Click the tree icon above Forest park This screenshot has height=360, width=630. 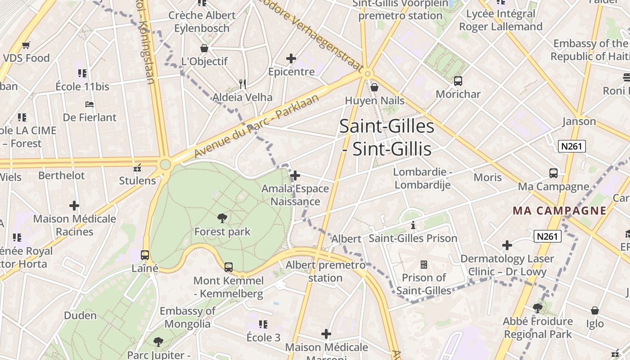tap(222, 218)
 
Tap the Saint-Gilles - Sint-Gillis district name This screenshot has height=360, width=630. tap(387, 137)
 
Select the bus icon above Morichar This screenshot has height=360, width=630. tap(458, 81)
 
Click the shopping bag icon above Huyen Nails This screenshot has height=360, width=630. tap(374, 87)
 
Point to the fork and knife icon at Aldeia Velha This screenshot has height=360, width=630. tap(243, 84)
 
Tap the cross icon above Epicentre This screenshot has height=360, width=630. tap(291, 58)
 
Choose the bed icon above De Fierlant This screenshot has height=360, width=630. tap(90, 104)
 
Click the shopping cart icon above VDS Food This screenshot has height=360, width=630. tap(26, 45)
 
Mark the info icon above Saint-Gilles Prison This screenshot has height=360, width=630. tap(413, 225)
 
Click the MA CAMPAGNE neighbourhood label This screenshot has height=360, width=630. tap(560, 211)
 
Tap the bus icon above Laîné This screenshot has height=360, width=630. tap(145, 255)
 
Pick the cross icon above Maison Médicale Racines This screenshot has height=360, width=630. tap(74, 206)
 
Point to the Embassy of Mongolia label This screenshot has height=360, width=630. tap(188, 317)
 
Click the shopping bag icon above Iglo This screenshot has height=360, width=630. tap(595, 310)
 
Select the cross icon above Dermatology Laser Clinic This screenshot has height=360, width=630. tap(507, 245)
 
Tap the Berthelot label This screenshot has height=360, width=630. tap(61, 175)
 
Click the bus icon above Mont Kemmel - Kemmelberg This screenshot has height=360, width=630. tap(229, 267)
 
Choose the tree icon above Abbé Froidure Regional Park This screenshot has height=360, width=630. tap(538, 308)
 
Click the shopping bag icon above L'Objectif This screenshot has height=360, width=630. tap(204, 48)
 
